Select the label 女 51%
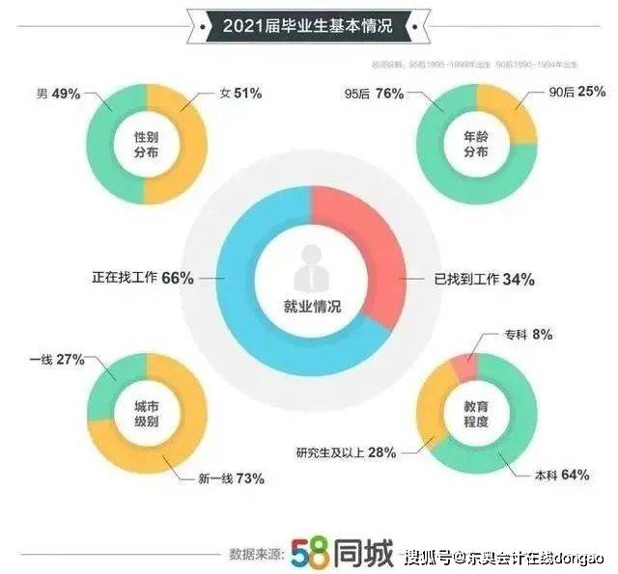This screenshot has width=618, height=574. coord(239,94)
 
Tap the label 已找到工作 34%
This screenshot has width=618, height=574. coord(484,279)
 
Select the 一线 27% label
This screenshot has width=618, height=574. coord(56,359)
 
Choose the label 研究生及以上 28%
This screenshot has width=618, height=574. coord(347,453)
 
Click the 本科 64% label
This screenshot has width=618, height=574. coord(563,474)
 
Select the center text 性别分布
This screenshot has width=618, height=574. coord(145,145)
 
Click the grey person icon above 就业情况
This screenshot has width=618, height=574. coord(308,271)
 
